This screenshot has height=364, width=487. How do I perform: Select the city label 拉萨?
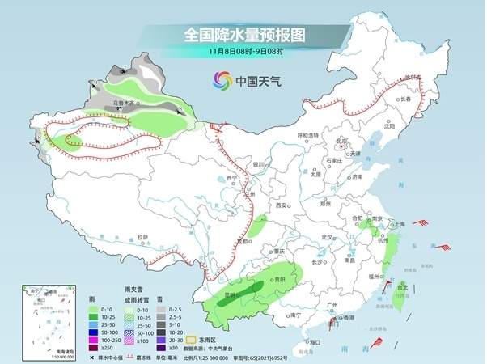[x=143, y=237]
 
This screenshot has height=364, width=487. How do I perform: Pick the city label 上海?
[x=397, y=224]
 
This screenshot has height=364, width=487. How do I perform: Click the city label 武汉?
[x=327, y=237]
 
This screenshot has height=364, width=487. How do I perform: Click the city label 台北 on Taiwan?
[x=402, y=285]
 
